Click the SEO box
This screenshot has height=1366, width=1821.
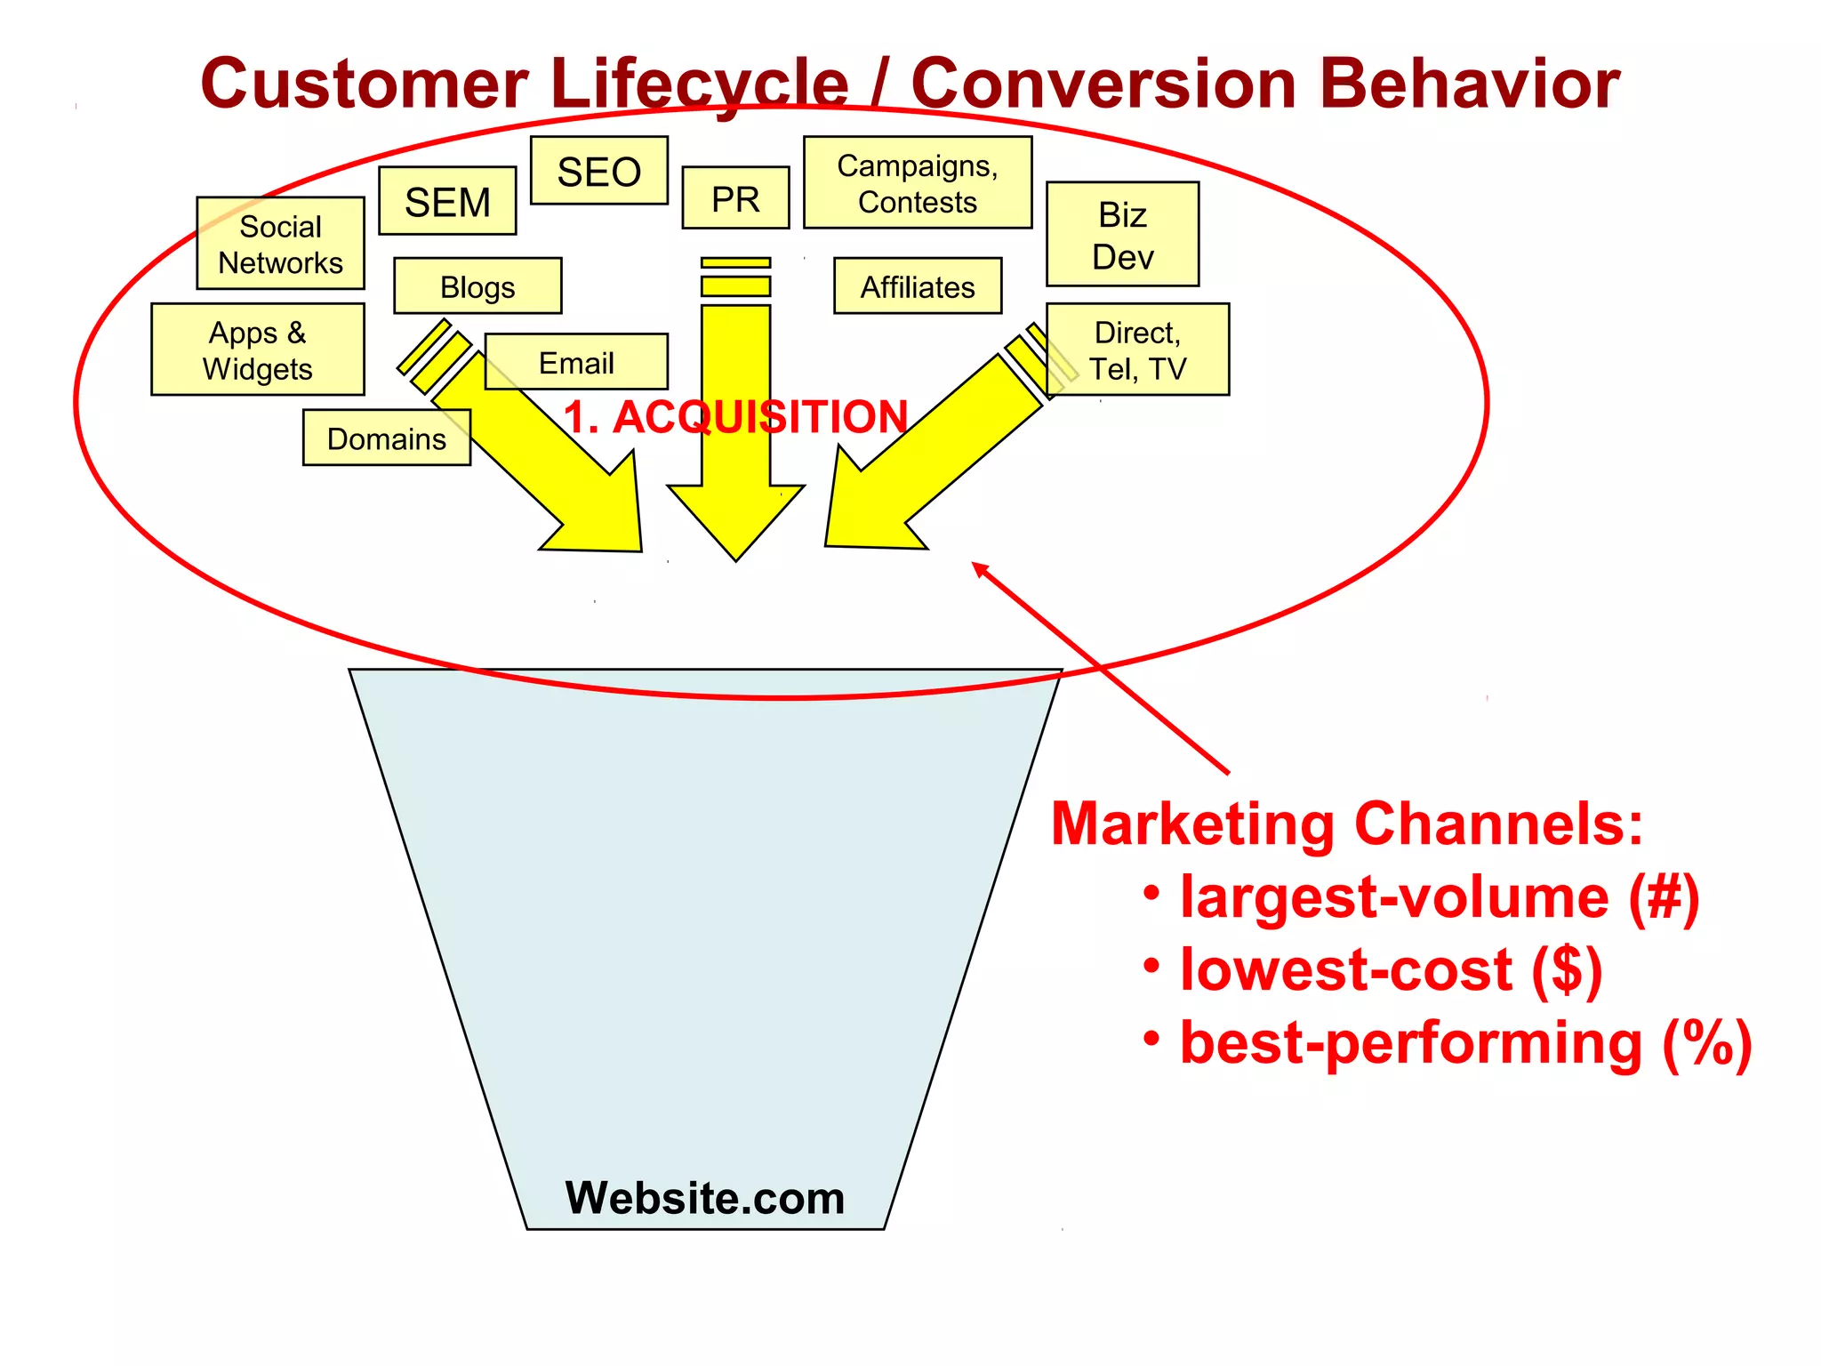(x=598, y=171)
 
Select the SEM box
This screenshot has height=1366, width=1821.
(x=447, y=201)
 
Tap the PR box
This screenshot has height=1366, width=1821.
(x=735, y=198)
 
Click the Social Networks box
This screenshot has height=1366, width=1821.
(x=280, y=244)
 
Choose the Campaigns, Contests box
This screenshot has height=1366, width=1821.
(x=918, y=183)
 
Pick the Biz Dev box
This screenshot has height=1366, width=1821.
(x=1122, y=235)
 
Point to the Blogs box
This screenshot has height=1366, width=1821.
(x=477, y=286)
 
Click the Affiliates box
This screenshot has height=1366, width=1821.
(x=918, y=286)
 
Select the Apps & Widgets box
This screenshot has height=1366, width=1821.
(x=258, y=350)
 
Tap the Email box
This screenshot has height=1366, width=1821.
(x=576, y=362)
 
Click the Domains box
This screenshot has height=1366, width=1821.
(x=386, y=438)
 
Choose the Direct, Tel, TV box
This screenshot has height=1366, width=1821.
(x=1137, y=350)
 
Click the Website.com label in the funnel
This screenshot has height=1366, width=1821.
(x=705, y=1197)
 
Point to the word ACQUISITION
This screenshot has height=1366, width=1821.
(x=760, y=416)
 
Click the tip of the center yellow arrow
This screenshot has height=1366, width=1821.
(x=736, y=558)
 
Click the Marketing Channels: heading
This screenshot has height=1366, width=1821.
(x=1346, y=824)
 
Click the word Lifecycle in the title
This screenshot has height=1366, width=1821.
(x=700, y=84)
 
